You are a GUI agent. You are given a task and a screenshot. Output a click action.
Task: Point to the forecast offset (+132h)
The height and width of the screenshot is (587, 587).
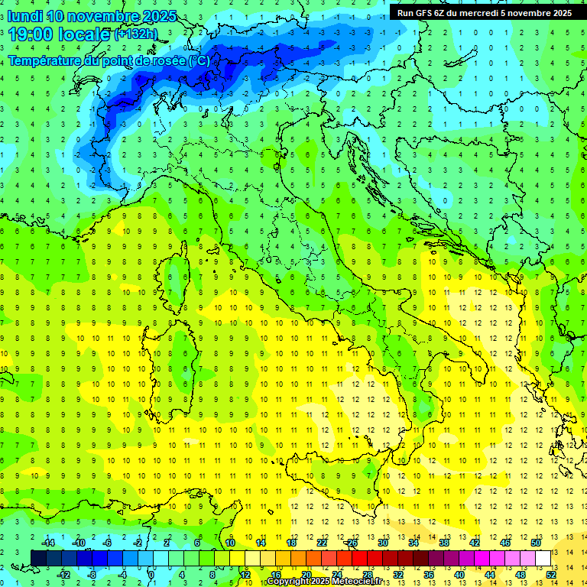136,34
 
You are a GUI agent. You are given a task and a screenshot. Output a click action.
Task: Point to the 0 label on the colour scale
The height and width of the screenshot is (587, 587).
151,575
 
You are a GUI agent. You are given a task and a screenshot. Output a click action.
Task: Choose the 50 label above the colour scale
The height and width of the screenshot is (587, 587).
536,543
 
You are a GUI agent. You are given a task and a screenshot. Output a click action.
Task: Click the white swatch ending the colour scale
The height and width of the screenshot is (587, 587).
543,559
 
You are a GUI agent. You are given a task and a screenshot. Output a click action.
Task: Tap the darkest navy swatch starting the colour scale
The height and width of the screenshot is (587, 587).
38,559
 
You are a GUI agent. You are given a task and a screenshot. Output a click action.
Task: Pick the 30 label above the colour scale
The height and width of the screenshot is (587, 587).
383,543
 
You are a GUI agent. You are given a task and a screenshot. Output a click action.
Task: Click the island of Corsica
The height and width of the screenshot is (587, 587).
177,275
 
